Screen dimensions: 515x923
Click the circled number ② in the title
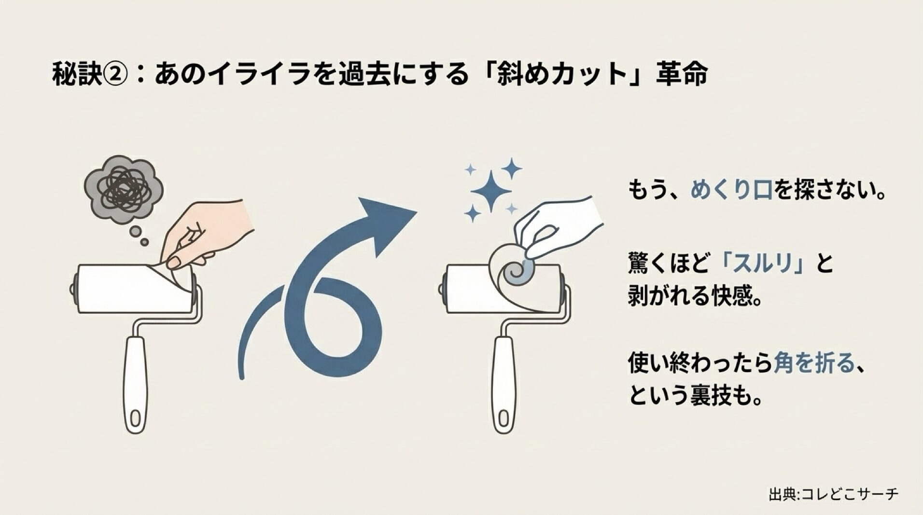(x=115, y=74)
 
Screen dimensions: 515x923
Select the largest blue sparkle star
(x=490, y=190)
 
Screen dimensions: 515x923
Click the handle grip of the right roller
(x=503, y=381)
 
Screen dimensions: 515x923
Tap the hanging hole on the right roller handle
(x=504, y=418)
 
